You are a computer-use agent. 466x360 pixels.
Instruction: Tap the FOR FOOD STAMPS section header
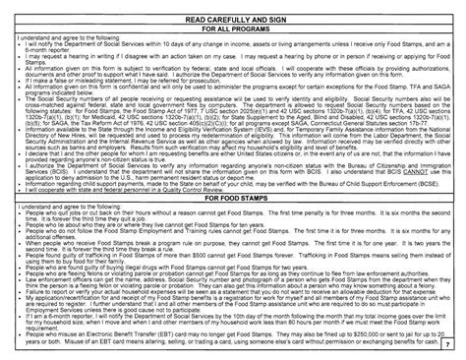point(233,225)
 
